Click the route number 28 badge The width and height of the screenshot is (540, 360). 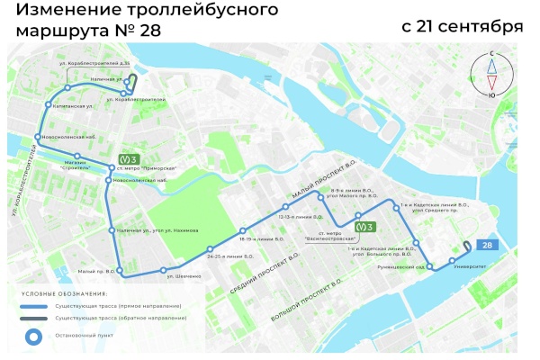487,245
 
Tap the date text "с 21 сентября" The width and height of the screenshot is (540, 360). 463,26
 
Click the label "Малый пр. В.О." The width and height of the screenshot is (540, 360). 97,271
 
